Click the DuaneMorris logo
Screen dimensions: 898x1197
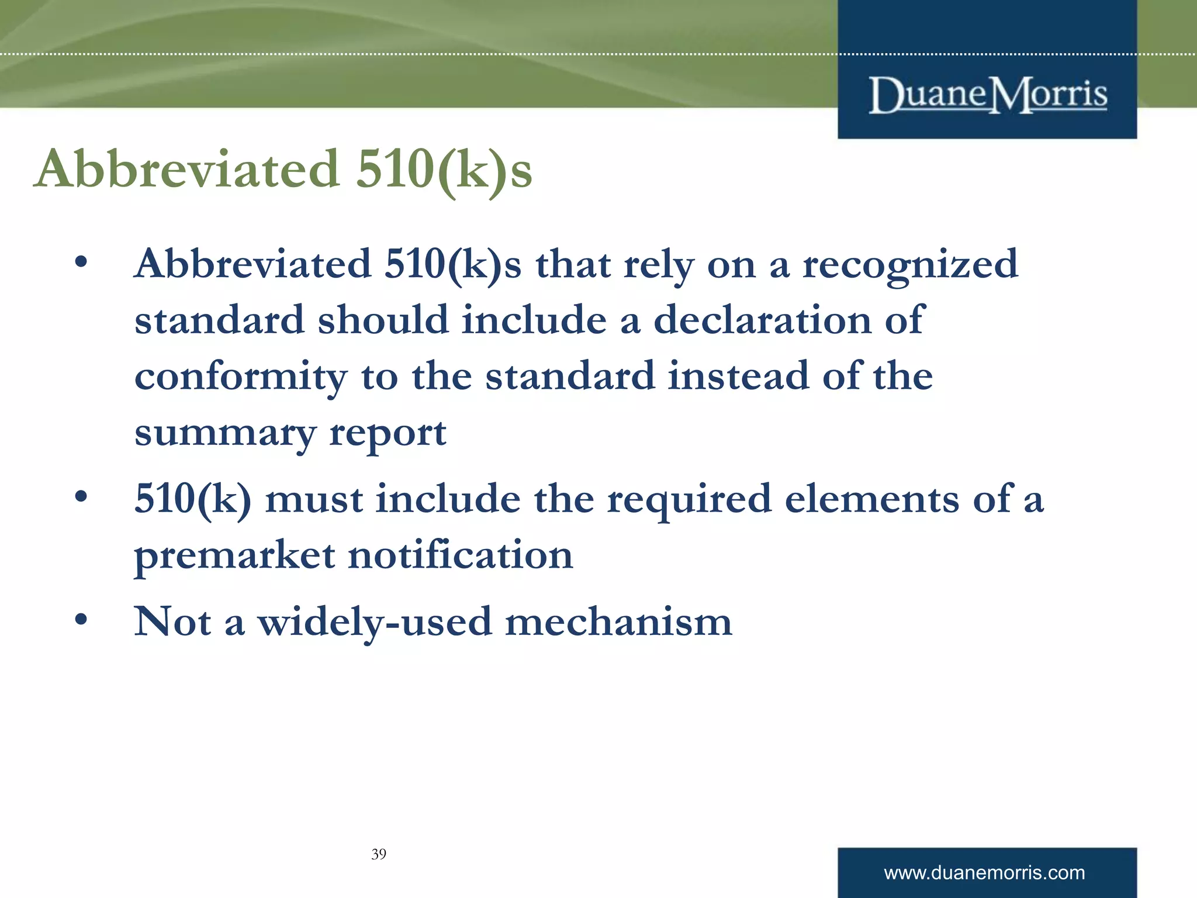pyautogui.click(x=987, y=95)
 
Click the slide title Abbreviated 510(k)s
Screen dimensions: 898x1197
pyautogui.click(x=283, y=170)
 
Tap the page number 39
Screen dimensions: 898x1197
pyautogui.click(x=379, y=854)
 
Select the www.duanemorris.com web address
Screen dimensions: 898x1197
pyautogui.click(x=984, y=873)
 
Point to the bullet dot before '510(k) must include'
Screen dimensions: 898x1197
pyautogui.click(x=81, y=497)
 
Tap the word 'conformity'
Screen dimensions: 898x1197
pyautogui.click(x=241, y=377)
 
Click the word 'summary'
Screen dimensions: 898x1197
pyautogui.click(x=225, y=434)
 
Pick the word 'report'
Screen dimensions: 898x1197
pyautogui.click(x=388, y=434)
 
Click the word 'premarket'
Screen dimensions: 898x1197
pyautogui.click(x=234, y=555)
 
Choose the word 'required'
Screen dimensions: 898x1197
pyautogui.click(x=689, y=500)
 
